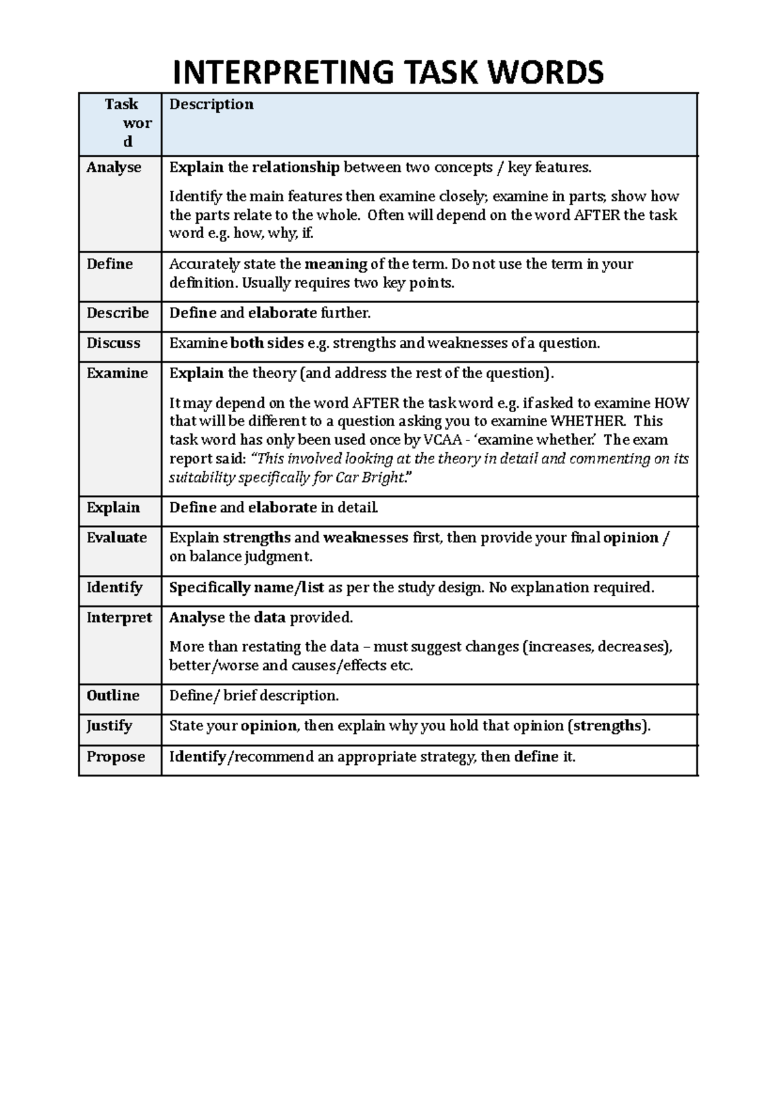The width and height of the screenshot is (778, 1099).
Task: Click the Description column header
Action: pyautogui.click(x=211, y=104)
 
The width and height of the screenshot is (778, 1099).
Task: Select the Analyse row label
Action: pyautogui.click(x=114, y=167)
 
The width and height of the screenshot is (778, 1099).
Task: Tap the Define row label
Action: pyautogui.click(x=110, y=264)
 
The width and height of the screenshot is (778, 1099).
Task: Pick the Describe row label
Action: pyautogui.click(x=118, y=313)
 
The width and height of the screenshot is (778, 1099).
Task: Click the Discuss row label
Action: pyautogui.click(x=113, y=343)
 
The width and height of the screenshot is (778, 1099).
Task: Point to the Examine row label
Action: pyautogui.click(x=117, y=373)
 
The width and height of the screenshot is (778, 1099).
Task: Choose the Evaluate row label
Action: pyautogui.click(x=117, y=538)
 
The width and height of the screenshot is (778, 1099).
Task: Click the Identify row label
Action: pyautogui.click(x=115, y=587)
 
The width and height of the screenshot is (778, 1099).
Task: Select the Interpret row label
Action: pyautogui.click(x=119, y=618)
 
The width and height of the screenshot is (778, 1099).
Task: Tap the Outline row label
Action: pyautogui.click(x=113, y=695)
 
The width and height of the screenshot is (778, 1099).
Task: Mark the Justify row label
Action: pyautogui.click(x=110, y=725)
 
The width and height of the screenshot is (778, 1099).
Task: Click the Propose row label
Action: pyautogui.click(x=116, y=756)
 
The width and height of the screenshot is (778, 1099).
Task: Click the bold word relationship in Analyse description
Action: pyautogui.click(x=296, y=167)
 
